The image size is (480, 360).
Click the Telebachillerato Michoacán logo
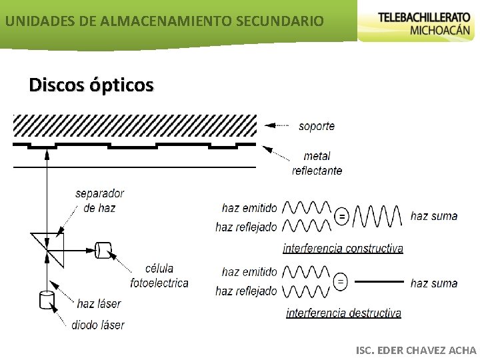(419, 23)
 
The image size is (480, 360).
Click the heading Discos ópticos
(91, 85)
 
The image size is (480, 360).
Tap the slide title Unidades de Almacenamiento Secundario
(164, 21)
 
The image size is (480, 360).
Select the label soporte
(317, 126)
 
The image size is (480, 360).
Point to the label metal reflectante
(317, 163)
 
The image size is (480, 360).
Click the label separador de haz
(99, 201)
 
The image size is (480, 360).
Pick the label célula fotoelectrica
(159, 275)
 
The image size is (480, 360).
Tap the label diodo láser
(98, 325)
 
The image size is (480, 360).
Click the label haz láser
(99, 304)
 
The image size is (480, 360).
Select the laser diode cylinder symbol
(46, 300)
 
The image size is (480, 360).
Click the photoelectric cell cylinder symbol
(103, 250)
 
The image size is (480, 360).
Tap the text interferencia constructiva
(343, 249)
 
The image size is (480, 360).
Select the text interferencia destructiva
(343, 313)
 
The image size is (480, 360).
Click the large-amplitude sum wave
(377, 216)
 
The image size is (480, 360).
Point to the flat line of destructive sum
(379, 281)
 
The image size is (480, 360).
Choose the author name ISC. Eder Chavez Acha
(417, 350)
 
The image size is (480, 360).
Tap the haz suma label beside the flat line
(434, 283)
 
